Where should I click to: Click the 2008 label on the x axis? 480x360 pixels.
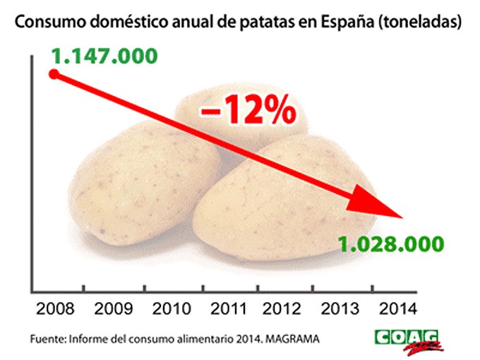pyautogui.click(x=52, y=308)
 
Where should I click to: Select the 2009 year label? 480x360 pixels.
pyautogui.click(x=112, y=308)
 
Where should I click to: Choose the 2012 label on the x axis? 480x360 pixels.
pyautogui.click(x=286, y=308)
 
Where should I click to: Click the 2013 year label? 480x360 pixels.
pyautogui.click(x=344, y=308)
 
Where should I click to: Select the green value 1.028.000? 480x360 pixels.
pyautogui.click(x=390, y=244)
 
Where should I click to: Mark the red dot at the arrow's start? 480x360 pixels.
pyautogui.click(x=53, y=73)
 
